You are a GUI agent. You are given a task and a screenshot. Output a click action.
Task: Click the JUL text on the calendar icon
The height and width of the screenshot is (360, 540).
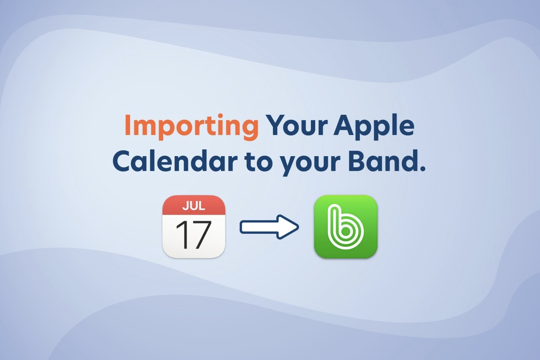194,206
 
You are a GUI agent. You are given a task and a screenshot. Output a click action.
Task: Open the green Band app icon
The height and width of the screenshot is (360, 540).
346,227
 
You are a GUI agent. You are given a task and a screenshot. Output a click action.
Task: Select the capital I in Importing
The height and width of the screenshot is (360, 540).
128,126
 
